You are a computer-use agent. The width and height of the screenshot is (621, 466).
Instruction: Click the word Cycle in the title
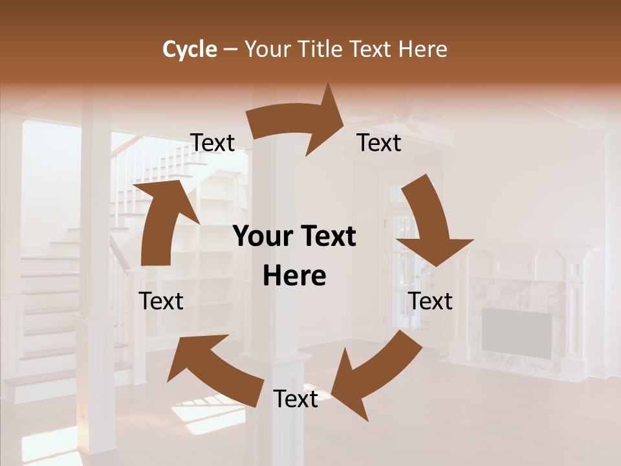190,49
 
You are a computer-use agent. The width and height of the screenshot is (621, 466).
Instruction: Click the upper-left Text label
212,143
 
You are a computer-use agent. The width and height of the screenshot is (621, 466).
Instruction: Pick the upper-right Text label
379,143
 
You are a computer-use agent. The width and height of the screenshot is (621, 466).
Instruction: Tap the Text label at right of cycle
431,301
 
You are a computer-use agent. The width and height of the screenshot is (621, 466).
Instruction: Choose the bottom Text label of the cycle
296,399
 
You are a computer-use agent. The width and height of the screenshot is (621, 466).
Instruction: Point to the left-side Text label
161,301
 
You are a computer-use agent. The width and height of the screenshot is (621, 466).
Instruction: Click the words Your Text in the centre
294,237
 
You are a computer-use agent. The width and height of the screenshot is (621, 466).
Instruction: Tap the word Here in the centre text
294,276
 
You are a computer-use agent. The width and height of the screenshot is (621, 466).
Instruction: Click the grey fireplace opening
516,331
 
